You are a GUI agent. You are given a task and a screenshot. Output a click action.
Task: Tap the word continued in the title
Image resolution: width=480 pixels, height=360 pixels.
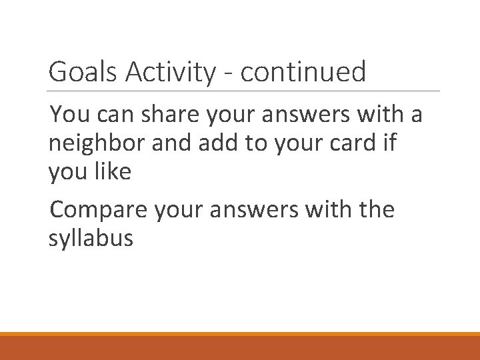tap(303, 72)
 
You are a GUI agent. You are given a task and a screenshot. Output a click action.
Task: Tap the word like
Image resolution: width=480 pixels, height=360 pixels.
tap(113, 172)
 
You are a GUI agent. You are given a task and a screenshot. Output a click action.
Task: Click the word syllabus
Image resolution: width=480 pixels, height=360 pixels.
tap(91, 239)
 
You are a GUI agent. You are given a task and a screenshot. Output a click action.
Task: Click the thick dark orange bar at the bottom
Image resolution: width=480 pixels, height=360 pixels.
tap(240, 347)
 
